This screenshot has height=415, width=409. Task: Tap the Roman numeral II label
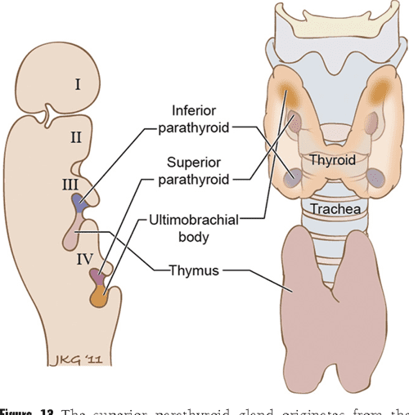[74, 137]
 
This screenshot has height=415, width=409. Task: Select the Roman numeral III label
[70, 185]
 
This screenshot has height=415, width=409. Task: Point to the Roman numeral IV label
[82, 261]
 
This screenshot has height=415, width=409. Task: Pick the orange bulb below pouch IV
[101, 298]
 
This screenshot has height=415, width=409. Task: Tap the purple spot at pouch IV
[98, 277]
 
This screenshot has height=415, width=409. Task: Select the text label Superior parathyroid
[197, 169]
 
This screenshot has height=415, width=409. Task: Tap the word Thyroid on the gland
[332, 161]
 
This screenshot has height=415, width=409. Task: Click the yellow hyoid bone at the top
[331, 28]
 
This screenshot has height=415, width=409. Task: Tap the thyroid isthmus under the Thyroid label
[332, 180]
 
